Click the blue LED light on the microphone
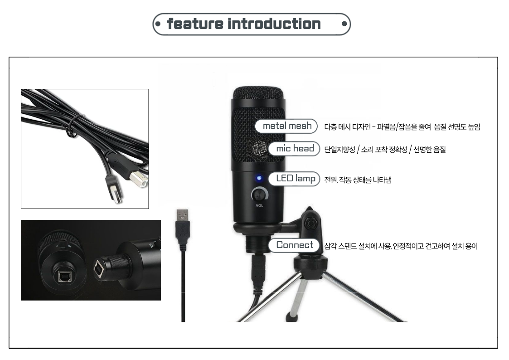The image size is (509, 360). (x=259, y=178)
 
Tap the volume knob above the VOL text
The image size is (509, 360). (x=260, y=195)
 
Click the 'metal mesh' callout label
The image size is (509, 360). (x=286, y=126)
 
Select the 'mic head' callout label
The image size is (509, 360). (x=295, y=149)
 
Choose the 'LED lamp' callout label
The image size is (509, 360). (x=295, y=179)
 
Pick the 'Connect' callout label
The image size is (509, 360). (x=294, y=245)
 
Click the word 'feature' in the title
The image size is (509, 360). (x=195, y=24)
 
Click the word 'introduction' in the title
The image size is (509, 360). (x=274, y=24)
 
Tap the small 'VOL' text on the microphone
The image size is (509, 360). (x=259, y=205)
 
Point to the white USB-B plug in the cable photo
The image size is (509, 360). (x=139, y=179)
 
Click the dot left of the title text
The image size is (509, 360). (x=158, y=24)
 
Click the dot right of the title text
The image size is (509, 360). (x=344, y=24)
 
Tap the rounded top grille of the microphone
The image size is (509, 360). (x=258, y=93)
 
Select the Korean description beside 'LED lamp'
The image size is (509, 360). (x=358, y=180)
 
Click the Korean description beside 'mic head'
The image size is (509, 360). (x=385, y=150)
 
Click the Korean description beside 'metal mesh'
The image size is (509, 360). (x=402, y=127)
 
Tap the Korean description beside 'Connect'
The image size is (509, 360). (x=401, y=246)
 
